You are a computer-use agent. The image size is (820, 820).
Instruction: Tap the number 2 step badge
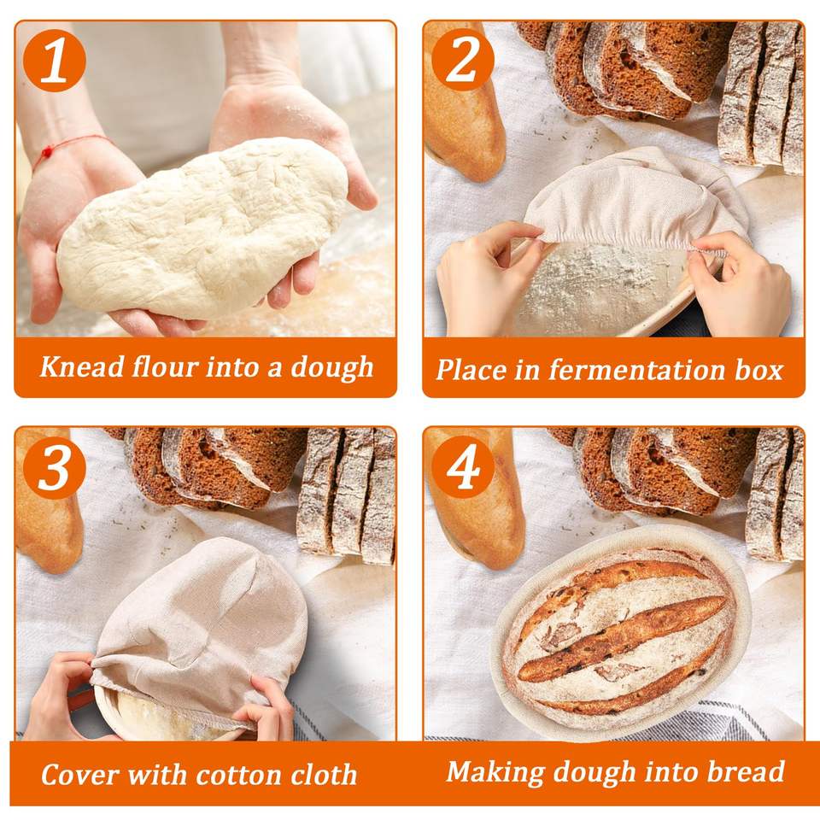[463, 60]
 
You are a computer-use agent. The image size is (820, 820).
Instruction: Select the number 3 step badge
[55, 467]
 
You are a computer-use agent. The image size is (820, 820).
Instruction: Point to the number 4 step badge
[463, 467]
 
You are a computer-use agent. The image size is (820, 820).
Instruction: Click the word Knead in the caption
[82, 366]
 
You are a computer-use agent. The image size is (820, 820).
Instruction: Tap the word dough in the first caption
[332, 367]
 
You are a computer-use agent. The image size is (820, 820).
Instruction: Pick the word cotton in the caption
[237, 775]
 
